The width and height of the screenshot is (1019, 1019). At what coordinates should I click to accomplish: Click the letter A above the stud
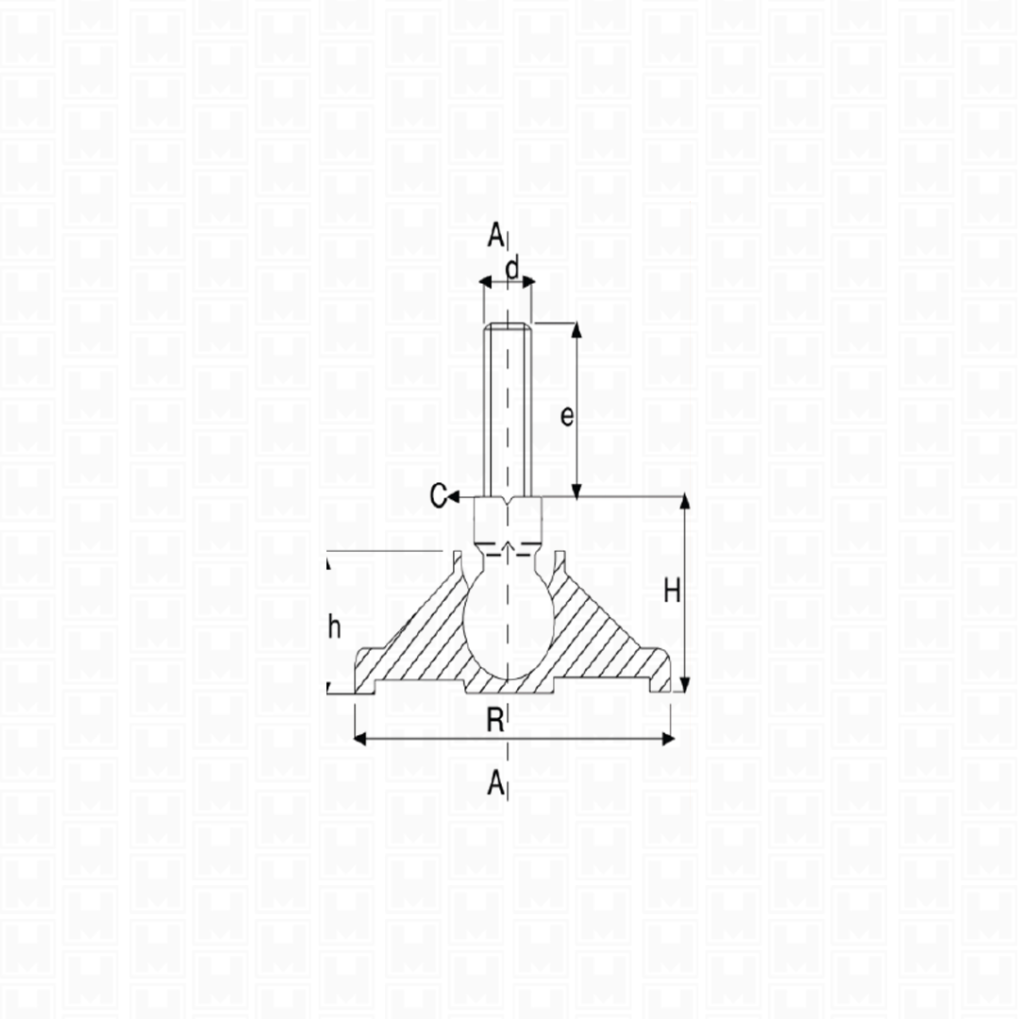(495, 235)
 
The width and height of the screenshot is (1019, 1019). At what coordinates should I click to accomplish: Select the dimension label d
(512, 268)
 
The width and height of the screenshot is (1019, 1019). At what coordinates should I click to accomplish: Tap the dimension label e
(567, 416)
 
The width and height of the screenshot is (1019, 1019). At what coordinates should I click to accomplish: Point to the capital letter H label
(672, 592)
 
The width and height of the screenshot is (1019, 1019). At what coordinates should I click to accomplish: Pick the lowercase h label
(334, 627)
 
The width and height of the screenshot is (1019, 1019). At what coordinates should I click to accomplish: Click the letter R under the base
(495, 720)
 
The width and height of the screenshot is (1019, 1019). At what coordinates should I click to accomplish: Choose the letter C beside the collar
(439, 496)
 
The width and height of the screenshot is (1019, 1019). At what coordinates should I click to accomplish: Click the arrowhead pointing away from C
(454, 497)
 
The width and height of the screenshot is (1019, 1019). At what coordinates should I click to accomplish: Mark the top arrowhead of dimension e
(576, 329)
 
